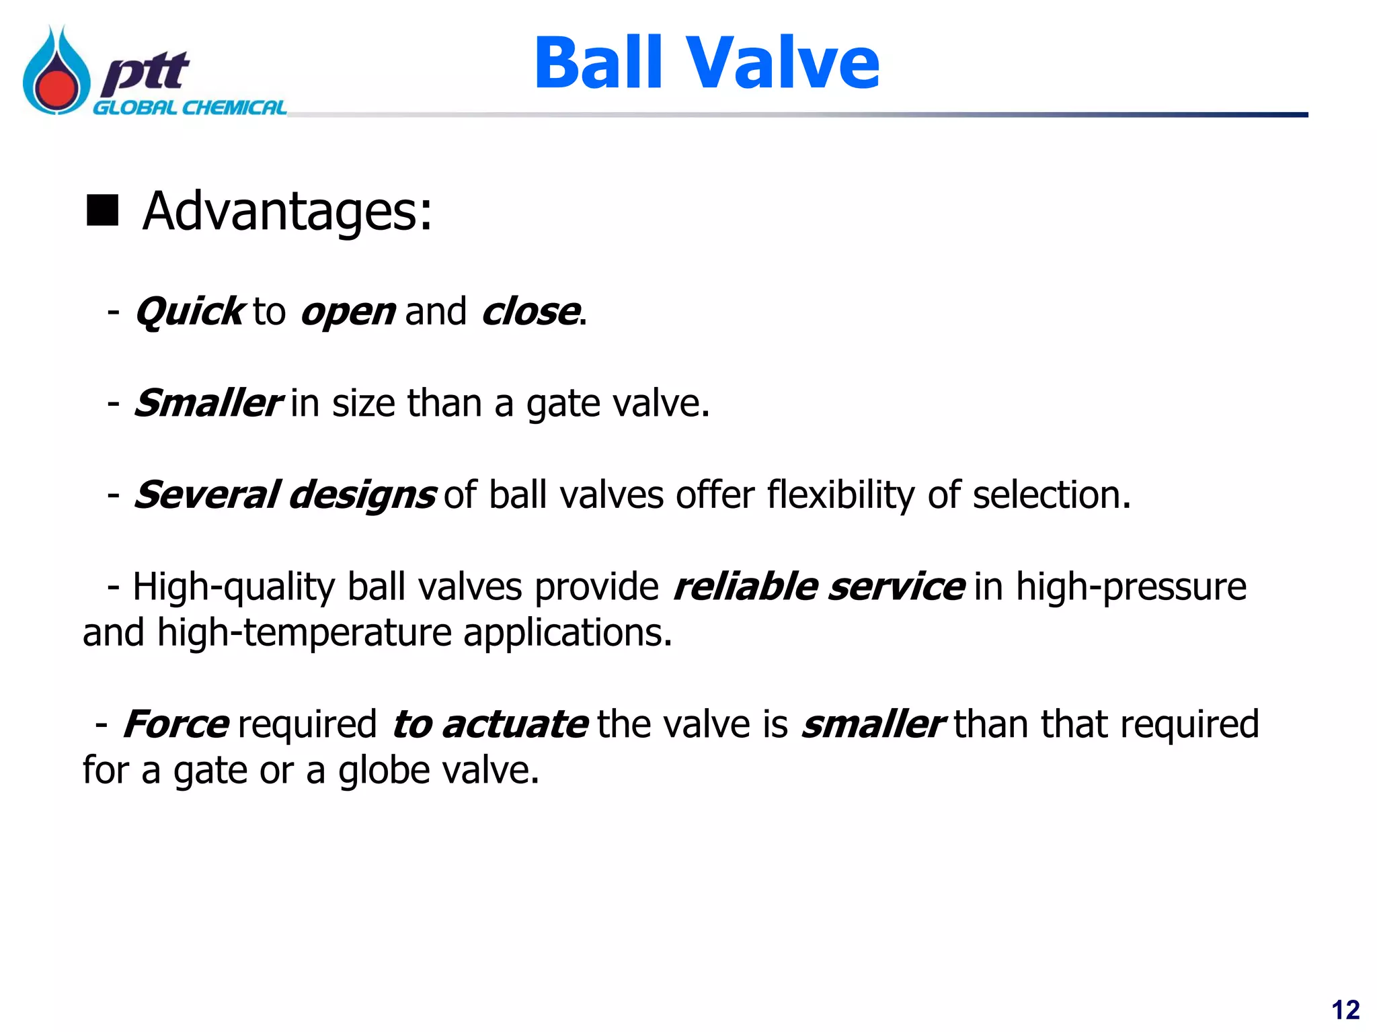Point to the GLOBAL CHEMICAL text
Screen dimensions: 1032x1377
click(x=189, y=108)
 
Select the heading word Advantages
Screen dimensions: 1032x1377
click(x=287, y=211)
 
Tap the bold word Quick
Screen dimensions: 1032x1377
click(x=190, y=312)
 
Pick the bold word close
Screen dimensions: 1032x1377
click(x=531, y=312)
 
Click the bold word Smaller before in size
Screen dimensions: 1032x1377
click(x=207, y=403)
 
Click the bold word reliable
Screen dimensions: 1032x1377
click(x=745, y=587)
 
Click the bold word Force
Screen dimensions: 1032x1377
click(x=176, y=724)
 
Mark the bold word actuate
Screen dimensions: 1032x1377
click(x=515, y=724)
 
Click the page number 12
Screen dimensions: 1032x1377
click(x=1345, y=1010)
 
